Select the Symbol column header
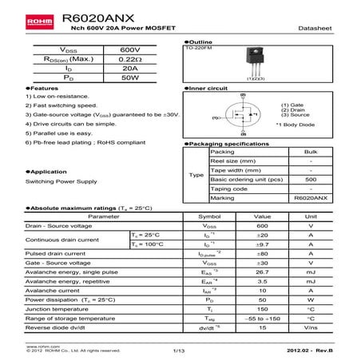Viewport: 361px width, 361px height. click(209, 216)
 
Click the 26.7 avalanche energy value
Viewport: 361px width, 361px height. click(261, 272)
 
